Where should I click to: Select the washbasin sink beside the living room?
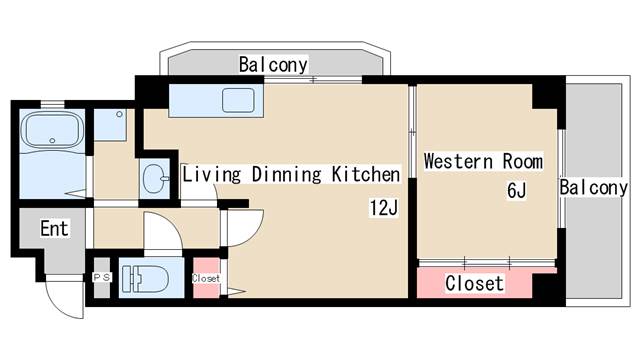pyautogui.click(x=155, y=180)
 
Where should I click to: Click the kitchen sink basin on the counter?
pyautogui.click(x=238, y=101)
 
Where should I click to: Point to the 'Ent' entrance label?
pyautogui.click(x=55, y=229)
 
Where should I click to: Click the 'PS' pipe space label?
pyautogui.click(x=101, y=277)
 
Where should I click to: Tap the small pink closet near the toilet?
pyautogui.click(x=206, y=278)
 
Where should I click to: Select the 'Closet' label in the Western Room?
pyautogui.click(x=474, y=284)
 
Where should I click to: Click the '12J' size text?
pyautogui.click(x=384, y=208)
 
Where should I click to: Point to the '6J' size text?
pyautogui.click(x=515, y=190)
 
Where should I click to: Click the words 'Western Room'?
pyautogui.click(x=483, y=161)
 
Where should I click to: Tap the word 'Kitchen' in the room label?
pyautogui.click(x=365, y=175)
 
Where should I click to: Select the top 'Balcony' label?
pyautogui.click(x=273, y=65)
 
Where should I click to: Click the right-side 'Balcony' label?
pyautogui.click(x=594, y=188)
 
